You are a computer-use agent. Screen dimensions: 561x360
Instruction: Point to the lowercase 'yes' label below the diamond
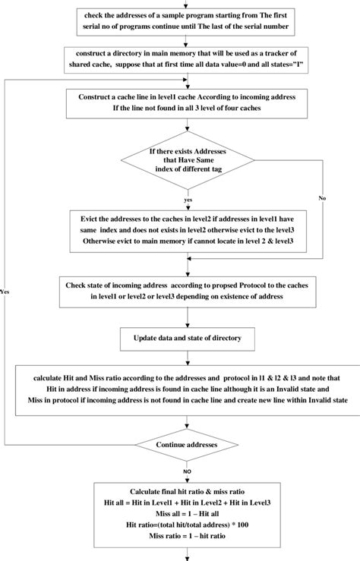click(x=188, y=200)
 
